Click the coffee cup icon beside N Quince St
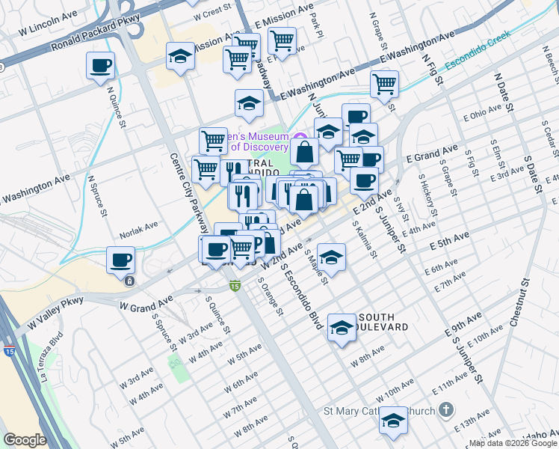click(100, 65)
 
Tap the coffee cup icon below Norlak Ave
click(121, 260)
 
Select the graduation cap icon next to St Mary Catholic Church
click(393, 421)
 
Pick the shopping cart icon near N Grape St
click(384, 84)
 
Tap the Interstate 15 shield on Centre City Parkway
click(235, 286)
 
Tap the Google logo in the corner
click(25, 440)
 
